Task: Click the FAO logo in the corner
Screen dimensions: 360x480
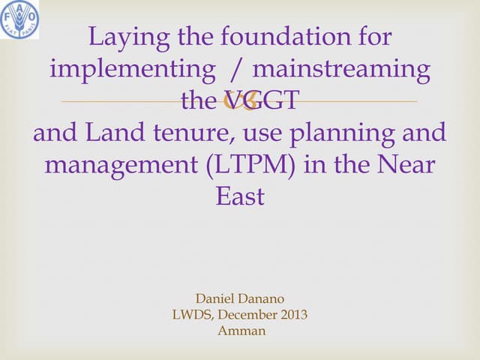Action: (x=20, y=20)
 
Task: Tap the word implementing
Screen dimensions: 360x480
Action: (x=131, y=70)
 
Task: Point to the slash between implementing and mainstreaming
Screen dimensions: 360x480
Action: (x=238, y=70)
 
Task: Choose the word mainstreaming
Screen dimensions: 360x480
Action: (x=341, y=70)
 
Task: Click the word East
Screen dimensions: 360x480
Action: (x=240, y=196)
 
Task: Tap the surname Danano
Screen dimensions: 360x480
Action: (x=262, y=300)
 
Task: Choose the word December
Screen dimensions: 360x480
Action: (x=251, y=315)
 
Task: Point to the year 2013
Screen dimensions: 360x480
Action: (x=294, y=315)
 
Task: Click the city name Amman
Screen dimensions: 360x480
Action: (x=241, y=330)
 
